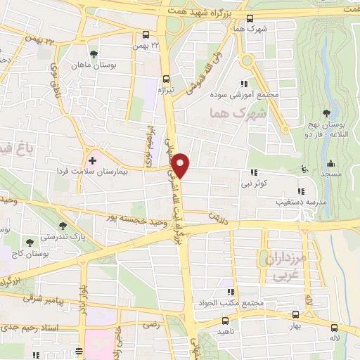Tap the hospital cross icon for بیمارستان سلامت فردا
tap(91, 160)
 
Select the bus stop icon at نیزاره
tap(166, 79)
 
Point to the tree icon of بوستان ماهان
tap(94, 53)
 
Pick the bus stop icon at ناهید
tap(223, 319)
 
